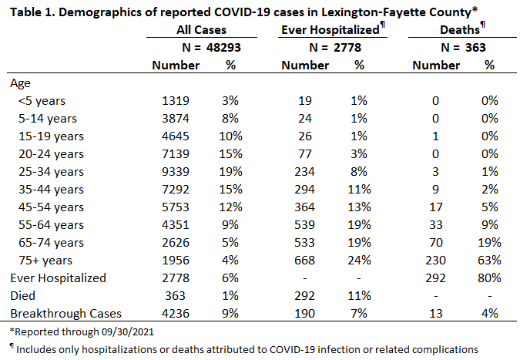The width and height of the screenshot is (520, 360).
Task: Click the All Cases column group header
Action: (201, 30)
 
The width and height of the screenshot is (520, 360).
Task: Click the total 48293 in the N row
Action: (223, 48)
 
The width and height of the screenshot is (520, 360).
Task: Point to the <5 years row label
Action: (42, 101)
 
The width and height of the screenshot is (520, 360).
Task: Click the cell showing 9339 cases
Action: (176, 172)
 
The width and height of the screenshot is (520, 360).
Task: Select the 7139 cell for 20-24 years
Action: (176, 154)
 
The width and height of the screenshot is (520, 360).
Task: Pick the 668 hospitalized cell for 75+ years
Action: (304, 261)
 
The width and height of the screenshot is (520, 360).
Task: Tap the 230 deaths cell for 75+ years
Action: (435, 261)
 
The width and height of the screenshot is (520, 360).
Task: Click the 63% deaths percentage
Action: (489, 261)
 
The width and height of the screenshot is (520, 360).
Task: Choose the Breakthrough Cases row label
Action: (65, 314)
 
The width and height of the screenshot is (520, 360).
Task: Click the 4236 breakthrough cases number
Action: (176, 314)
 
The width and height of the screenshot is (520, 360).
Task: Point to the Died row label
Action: (22, 295)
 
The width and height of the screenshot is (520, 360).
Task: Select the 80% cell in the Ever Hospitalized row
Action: (489, 278)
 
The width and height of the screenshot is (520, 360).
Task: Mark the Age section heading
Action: (20, 83)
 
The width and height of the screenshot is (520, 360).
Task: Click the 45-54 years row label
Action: (51, 207)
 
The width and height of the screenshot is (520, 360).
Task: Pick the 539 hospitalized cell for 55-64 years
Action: (304, 225)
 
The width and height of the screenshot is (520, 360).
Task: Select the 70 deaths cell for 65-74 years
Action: (436, 243)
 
